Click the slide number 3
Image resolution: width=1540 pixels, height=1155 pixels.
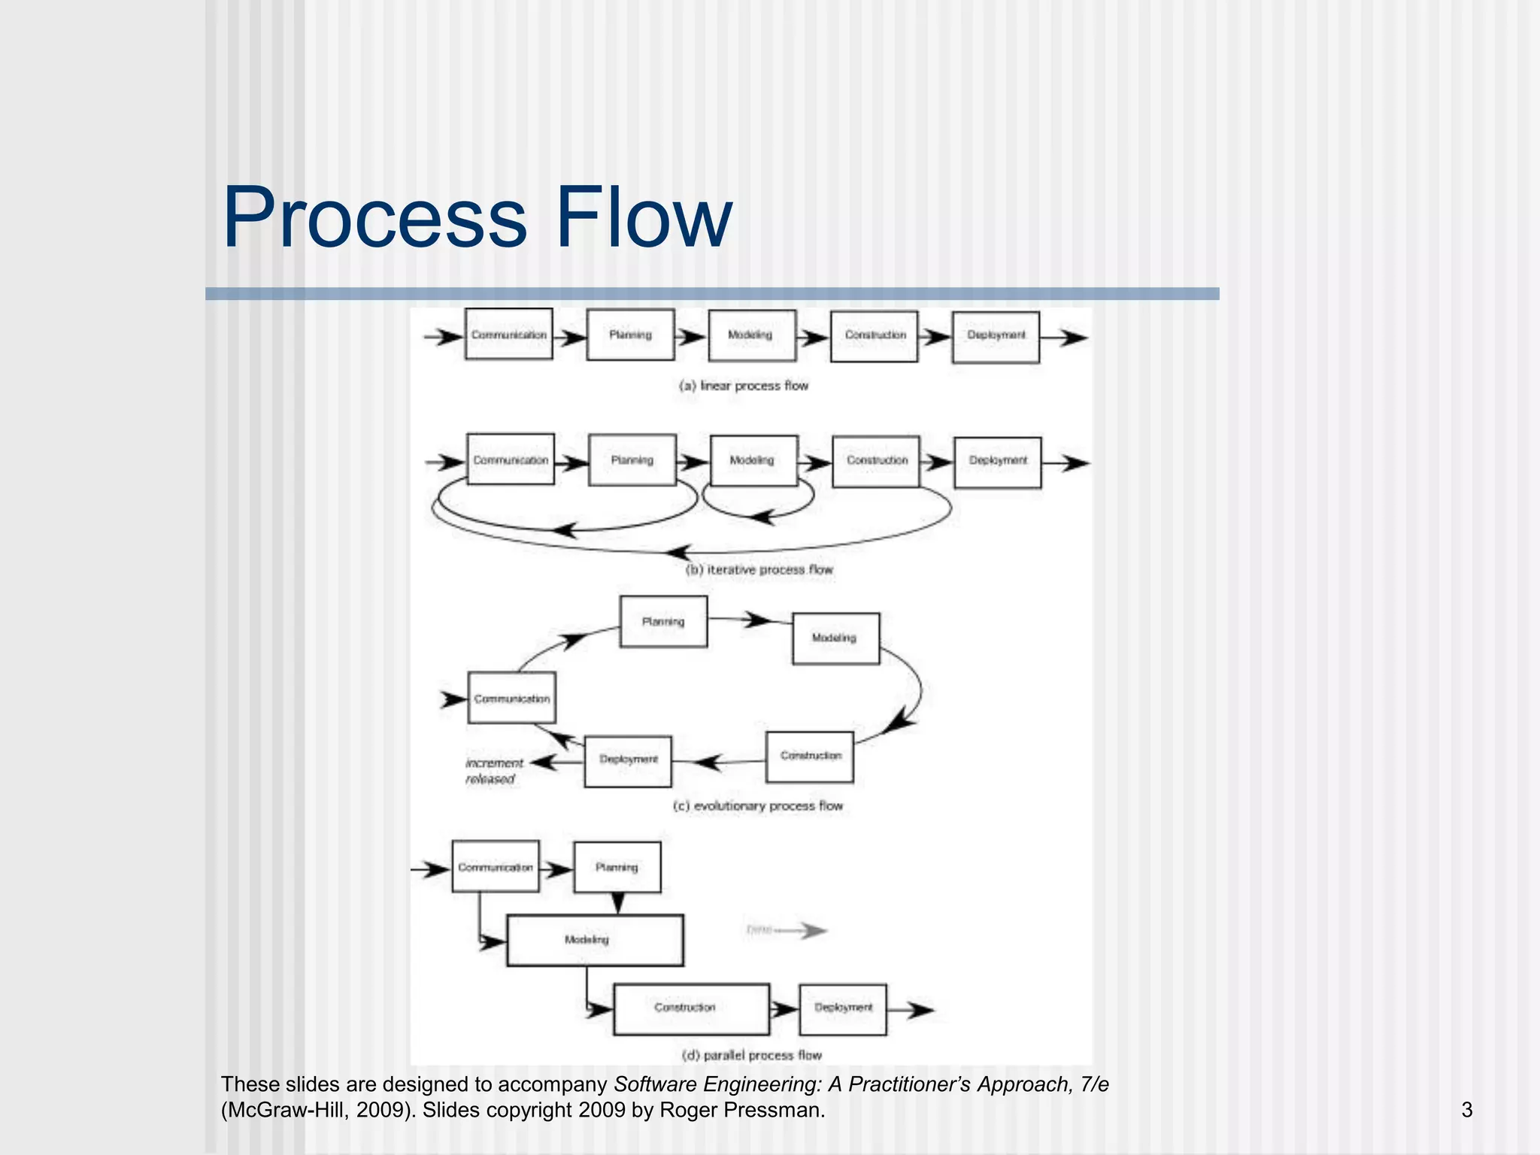click(x=1466, y=1110)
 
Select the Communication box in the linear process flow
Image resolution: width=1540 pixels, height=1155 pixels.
click(x=508, y=335)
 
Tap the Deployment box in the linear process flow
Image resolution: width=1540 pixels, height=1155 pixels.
click(x=996, y=337)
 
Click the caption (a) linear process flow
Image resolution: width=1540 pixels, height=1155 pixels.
click(x=743, y=386)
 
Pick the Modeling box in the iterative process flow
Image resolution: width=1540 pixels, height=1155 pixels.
click(x=753, y=460)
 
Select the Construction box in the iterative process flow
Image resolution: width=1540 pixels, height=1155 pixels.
click(x=876, y=461)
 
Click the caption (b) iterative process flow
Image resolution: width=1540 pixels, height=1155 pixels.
click(x=759, y=570)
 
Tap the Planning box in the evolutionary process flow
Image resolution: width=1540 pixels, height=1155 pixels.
click(x=663, y=622)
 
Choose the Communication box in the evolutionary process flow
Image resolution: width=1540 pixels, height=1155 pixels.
click(x=511, y=698)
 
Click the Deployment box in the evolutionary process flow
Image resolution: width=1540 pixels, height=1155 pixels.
click(x=628, y=760)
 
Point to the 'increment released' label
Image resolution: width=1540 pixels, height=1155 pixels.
click(x=493, y=771)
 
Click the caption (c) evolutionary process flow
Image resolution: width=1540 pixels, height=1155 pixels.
click(x=757, y=806)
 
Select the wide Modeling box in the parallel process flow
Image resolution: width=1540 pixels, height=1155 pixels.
click(x=595, y=940)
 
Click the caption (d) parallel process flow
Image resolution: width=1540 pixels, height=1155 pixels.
click(x=751, y=1055)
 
